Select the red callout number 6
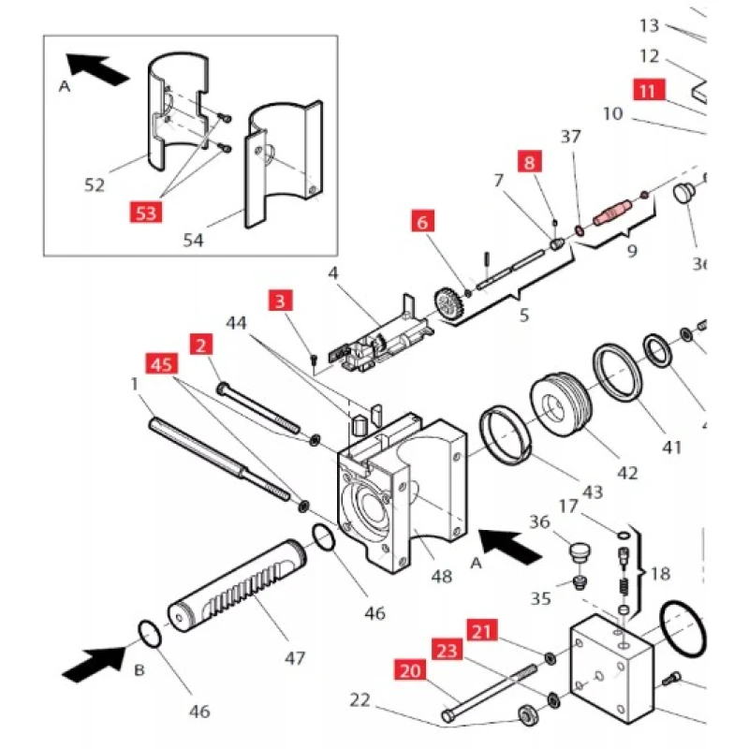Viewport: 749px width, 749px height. click(421, 223)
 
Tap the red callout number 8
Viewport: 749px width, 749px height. click(531, 161)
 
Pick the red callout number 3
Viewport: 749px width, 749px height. click(280, 301)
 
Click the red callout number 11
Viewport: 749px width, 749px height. click(650, 90)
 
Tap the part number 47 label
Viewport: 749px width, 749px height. click(295, 658)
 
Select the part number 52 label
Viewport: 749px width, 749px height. click(95, 184)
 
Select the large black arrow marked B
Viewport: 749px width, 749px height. click(91, 666)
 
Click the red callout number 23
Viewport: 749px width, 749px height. click(447, 648)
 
